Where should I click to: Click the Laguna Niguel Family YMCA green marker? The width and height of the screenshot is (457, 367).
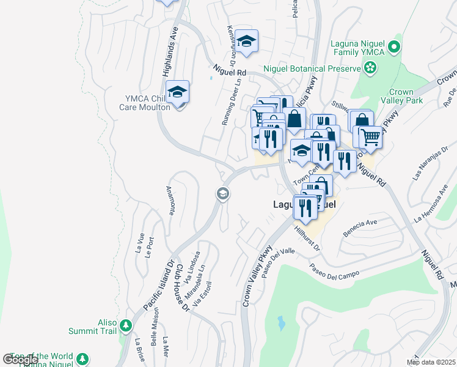click(x=394, y=46)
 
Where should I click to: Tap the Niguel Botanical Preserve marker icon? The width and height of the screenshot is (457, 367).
click(x=370, y=69)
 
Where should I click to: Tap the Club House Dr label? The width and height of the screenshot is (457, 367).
click(x=181, y=287)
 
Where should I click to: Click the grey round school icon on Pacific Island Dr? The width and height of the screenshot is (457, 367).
click(x=222, y=194)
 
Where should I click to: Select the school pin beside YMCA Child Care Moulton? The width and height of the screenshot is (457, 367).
click(x=177, y=92)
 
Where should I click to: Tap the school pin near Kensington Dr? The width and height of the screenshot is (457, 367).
click(x=246, y=41)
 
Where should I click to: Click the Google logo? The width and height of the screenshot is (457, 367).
click(x=20, y=359)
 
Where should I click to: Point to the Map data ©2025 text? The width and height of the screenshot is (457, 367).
click(x=431, y=362)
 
